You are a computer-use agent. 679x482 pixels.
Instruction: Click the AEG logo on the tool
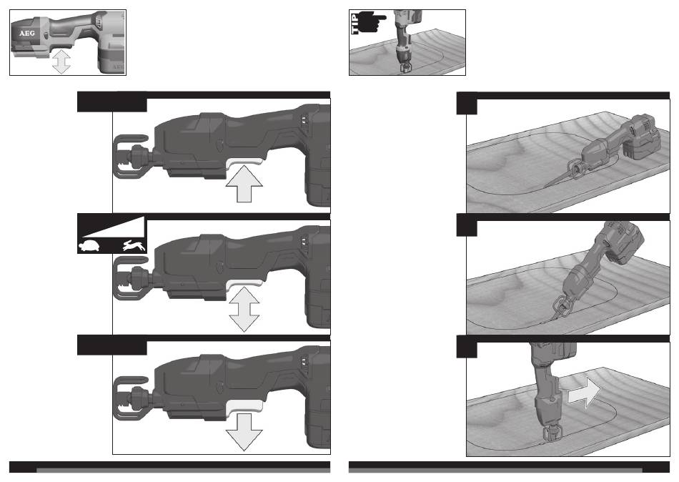27,34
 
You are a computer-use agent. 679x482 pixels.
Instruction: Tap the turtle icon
89,246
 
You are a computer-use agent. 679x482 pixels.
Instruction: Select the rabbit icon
134,246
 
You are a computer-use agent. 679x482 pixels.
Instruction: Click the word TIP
355,24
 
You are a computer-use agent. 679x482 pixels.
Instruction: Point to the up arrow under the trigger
244,183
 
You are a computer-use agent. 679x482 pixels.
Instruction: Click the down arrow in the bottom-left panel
244,432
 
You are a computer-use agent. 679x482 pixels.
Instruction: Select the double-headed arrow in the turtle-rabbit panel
244,310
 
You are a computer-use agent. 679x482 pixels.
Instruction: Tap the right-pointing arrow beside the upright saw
584,393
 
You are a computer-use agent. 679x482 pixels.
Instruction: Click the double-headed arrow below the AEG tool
61,61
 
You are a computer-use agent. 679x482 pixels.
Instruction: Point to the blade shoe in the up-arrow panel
129,157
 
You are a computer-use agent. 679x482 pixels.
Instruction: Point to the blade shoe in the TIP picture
407,68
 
